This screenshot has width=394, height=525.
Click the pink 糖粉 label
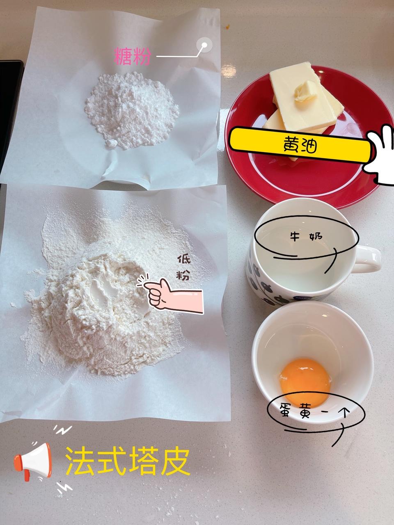tap(132, 57)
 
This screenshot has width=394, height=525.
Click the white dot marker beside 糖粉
tap(204, 45)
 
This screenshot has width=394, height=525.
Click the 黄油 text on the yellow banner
tap(300, 145)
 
